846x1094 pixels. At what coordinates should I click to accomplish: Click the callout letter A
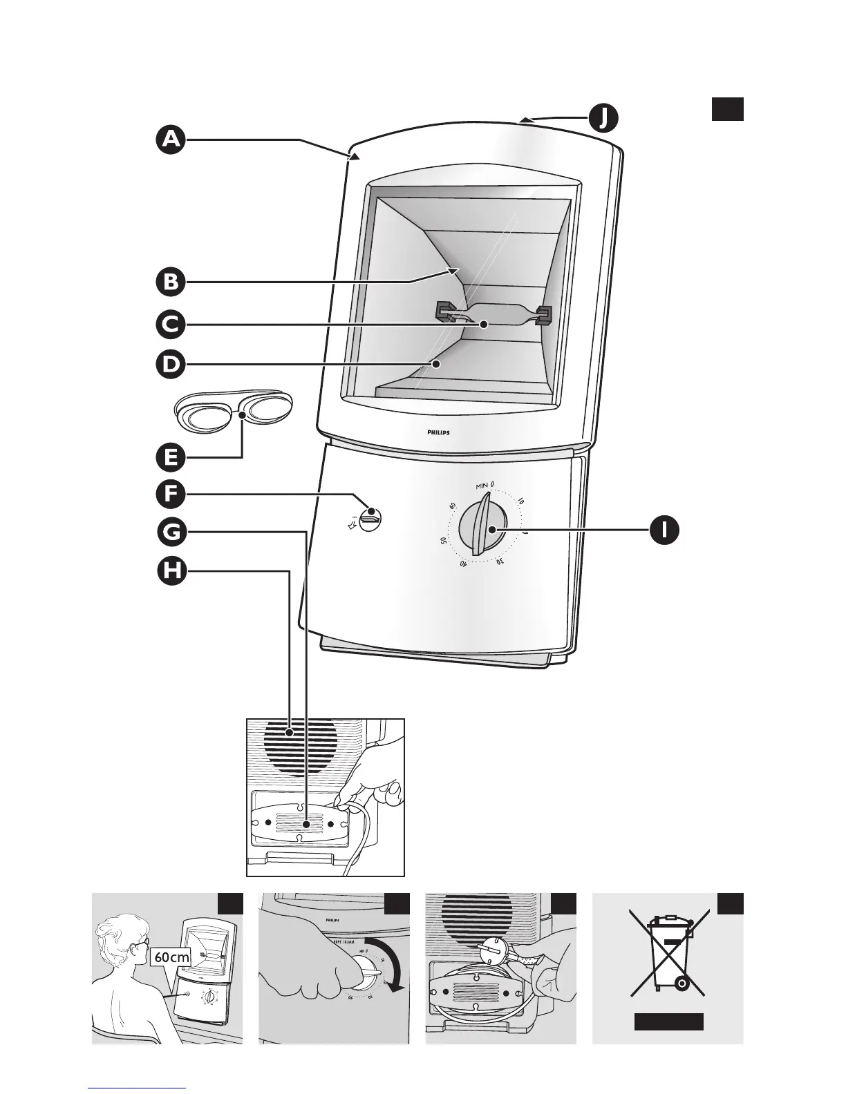pos(170,140)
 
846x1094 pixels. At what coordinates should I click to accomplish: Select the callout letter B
pos(170,282)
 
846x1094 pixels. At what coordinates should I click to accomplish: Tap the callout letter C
pos(170,325)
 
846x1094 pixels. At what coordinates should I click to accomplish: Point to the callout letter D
pos(170,364)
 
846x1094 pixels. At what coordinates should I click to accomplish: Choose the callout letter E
pos(170,456)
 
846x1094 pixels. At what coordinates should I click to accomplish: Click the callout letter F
pos(170,495)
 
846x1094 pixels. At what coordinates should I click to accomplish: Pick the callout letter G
pos(170,532)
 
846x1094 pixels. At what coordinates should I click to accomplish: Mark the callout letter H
pos(170,571)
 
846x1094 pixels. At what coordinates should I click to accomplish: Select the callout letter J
pos(603,119)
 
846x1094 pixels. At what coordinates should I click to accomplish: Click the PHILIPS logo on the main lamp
pos(434,433)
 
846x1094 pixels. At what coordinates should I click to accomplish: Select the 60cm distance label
pos(171,957)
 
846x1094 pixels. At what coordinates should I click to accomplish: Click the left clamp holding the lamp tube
pos(445,311)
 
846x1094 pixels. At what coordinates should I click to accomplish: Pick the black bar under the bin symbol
pos(669,1021)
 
